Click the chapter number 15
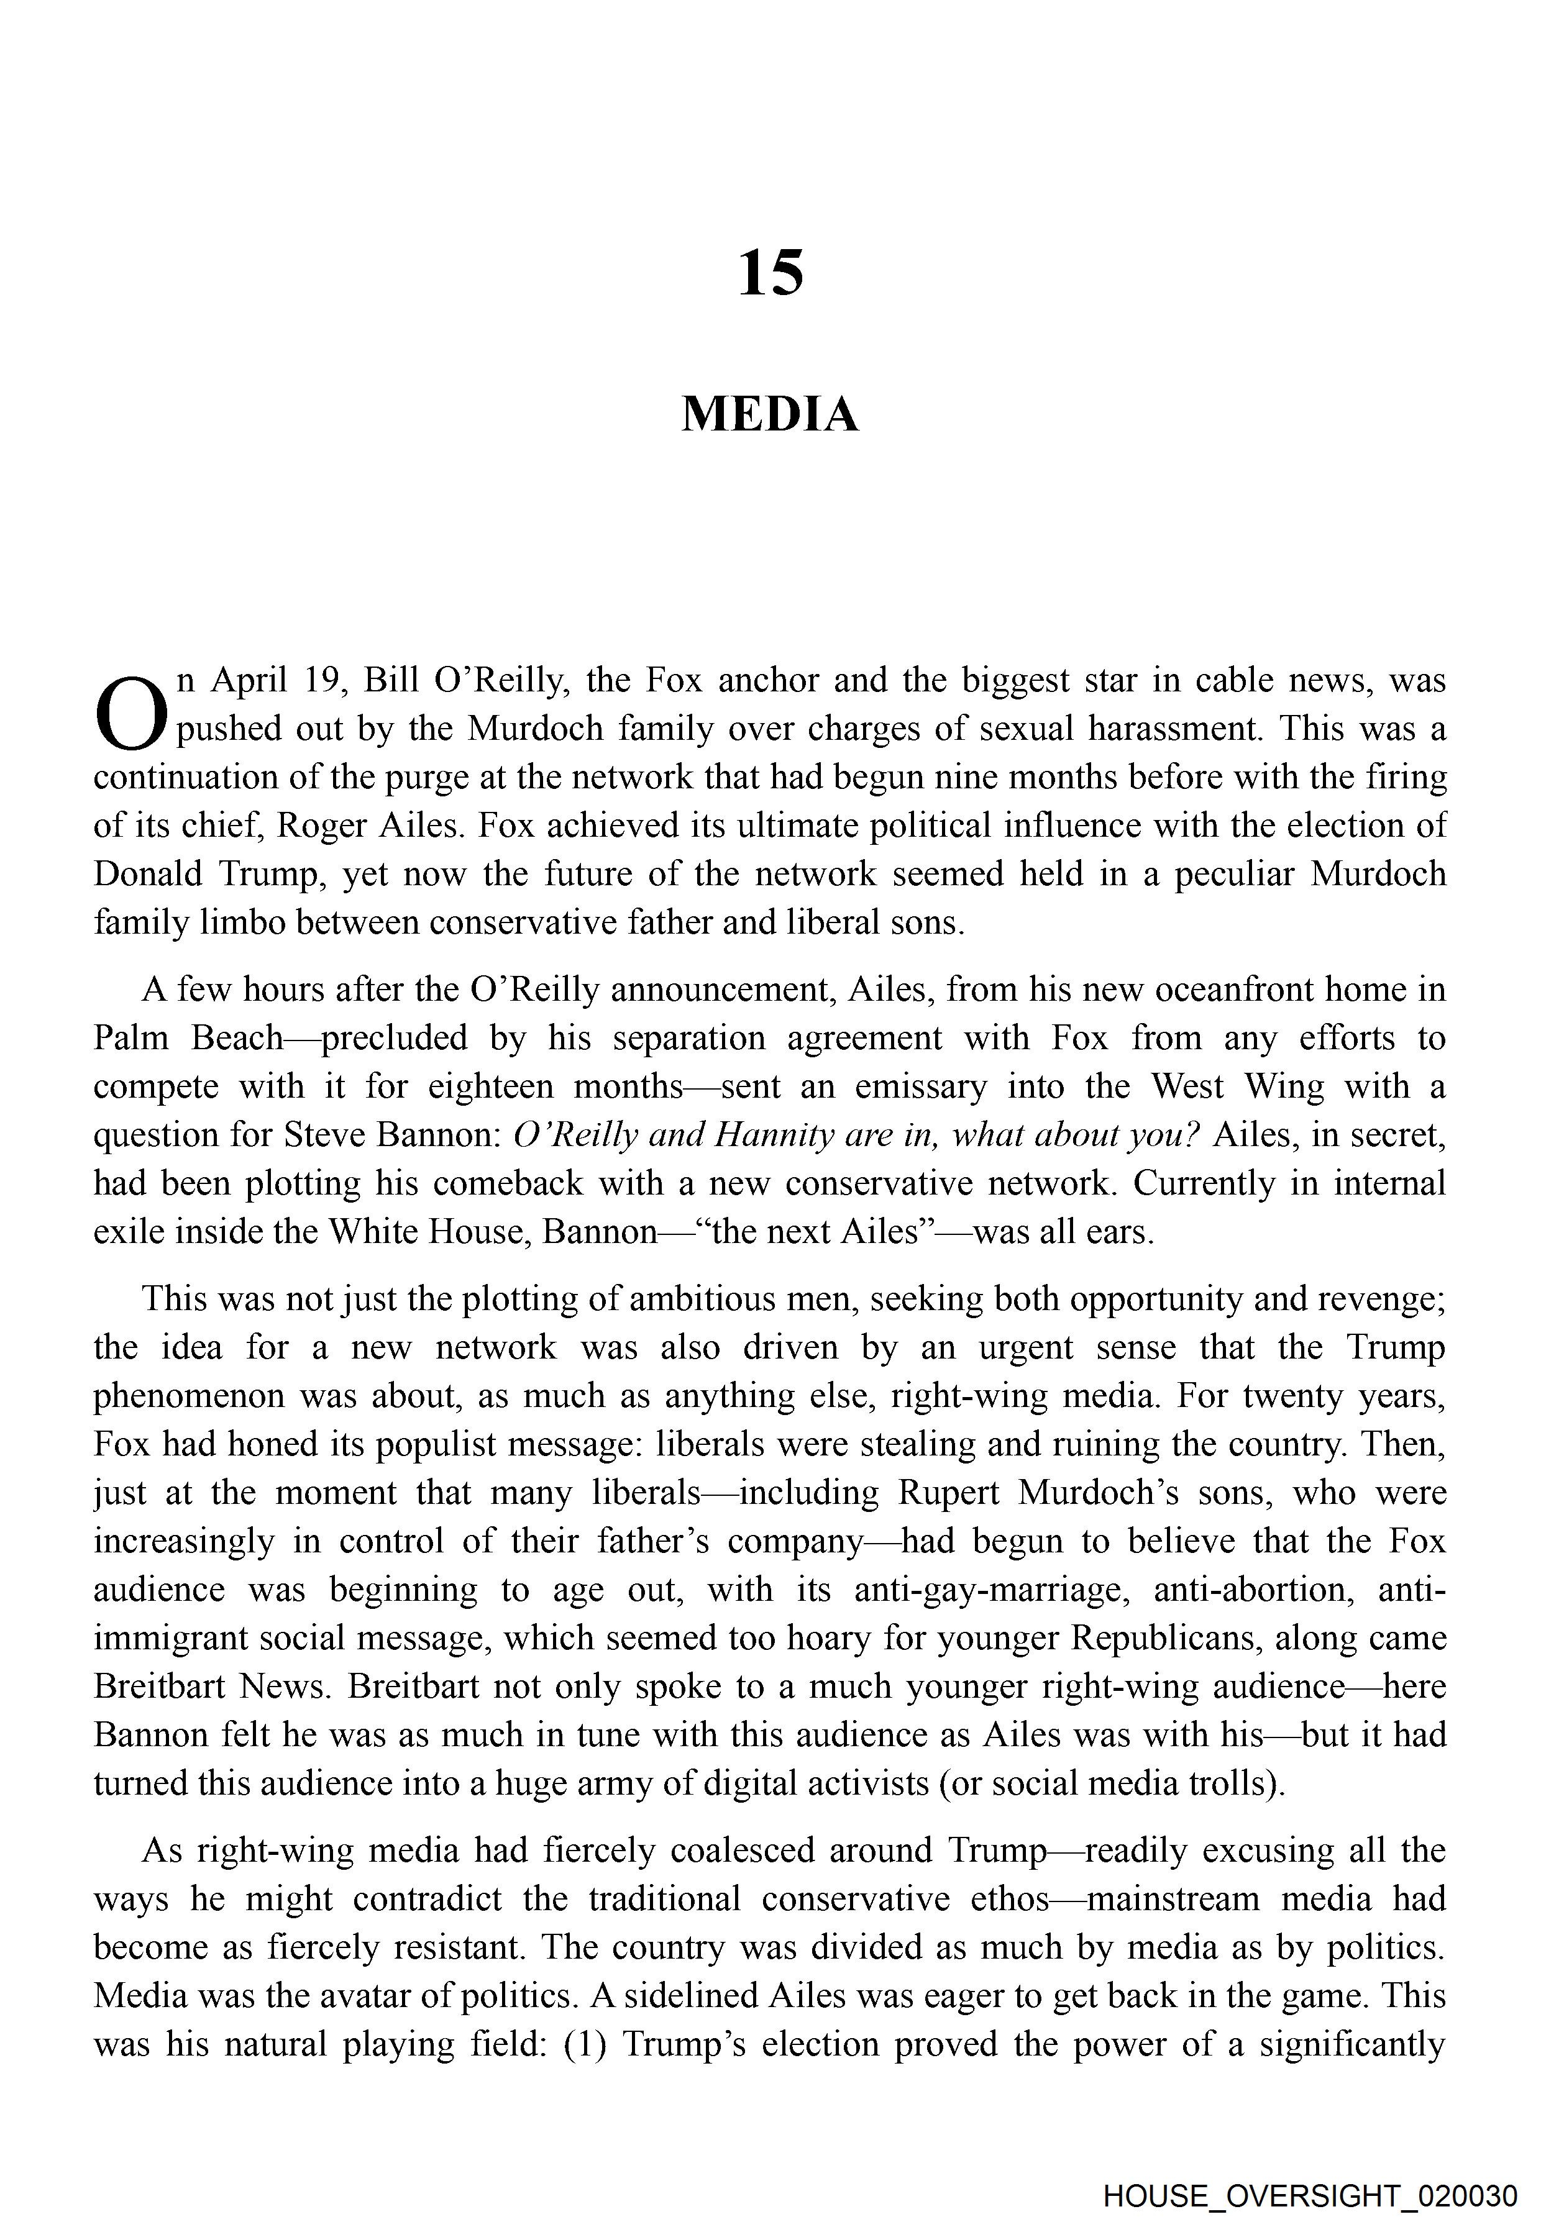(769, 273)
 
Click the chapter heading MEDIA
(769, 415)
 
